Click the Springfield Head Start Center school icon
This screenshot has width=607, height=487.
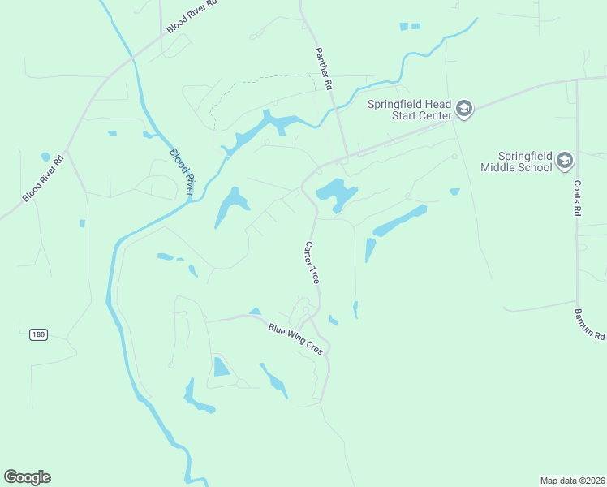coord(463,110)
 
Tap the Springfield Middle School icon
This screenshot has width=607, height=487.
coord(564,162)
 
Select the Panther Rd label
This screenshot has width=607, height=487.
coord(325,68)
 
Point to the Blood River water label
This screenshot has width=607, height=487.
coord(183,171)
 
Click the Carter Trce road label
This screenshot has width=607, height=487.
coord(312,261)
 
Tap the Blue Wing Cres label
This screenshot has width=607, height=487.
coord(295,339)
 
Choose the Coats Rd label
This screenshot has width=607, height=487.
coord(579,197)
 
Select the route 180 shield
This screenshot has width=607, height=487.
coord(38,334)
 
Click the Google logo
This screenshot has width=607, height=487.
coord(27,477)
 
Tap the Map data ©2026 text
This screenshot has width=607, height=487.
coord(572,481)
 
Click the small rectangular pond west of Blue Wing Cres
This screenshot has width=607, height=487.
coord(221,367)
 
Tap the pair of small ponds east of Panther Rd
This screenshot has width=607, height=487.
coord(410,27)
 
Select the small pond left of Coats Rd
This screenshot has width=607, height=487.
coord(454,192)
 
